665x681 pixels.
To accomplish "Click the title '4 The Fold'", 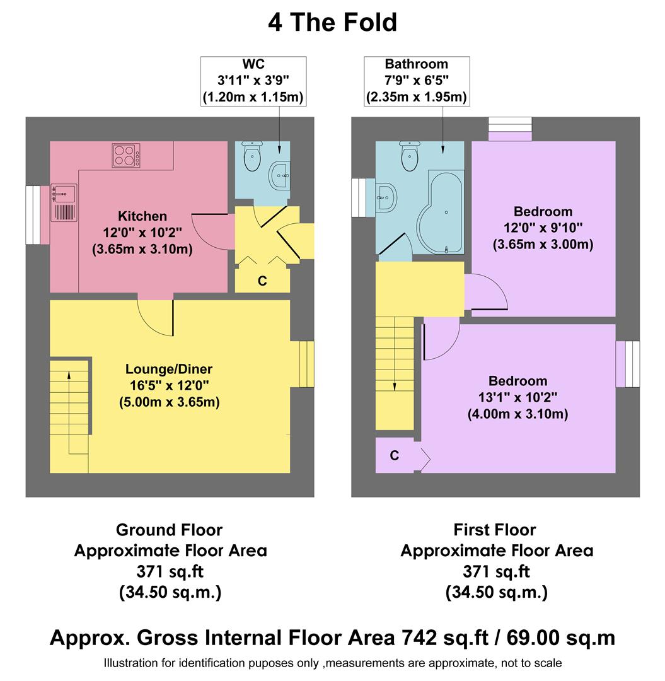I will pos(332,23).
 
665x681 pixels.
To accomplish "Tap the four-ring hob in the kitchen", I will pos(127,155).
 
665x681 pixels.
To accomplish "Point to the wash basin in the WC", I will pos(280,174).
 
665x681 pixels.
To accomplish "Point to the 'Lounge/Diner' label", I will pos(169,370).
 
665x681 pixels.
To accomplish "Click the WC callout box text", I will pos(253,81).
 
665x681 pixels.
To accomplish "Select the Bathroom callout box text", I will pos(416,81).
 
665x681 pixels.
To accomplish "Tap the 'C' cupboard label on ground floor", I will pos(262,281).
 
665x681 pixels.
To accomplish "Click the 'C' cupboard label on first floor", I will pos(394,456).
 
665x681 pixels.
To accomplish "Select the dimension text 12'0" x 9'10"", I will pos(543,228).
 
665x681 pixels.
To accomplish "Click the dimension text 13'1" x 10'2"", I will pos(518,398).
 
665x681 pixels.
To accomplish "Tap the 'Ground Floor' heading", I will pos(170,530).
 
